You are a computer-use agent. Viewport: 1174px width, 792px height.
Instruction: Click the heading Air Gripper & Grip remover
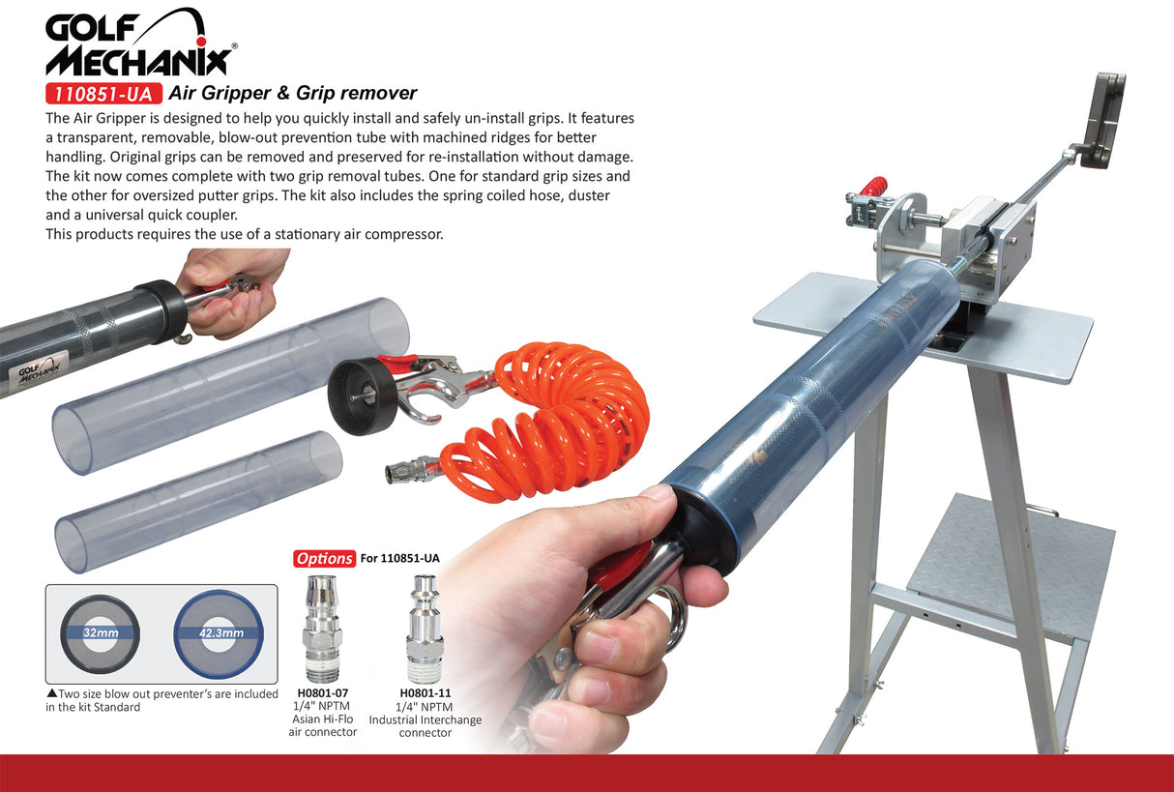[x=292, y=94]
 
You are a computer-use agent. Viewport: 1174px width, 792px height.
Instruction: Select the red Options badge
[x=324, y=558]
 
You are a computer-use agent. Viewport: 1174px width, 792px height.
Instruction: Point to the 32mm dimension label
[x=100, y=632]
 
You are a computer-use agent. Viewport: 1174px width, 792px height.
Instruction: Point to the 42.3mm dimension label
[x=218, y=632]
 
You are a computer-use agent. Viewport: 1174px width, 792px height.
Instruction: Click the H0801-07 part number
[x=322, y=692]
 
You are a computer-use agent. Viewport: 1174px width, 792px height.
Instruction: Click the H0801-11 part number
[x=425, y=692]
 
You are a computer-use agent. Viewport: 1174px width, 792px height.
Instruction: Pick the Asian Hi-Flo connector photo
[x=322, y=628]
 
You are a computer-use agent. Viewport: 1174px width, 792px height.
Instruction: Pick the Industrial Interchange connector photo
[x=425, y=629]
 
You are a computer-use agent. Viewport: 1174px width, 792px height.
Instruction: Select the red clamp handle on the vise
[x=874, y=186]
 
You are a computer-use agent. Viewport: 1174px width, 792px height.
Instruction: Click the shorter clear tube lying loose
[x=198, y=501]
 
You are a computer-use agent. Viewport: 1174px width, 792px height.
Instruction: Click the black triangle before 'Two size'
[x=51, y=693]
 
